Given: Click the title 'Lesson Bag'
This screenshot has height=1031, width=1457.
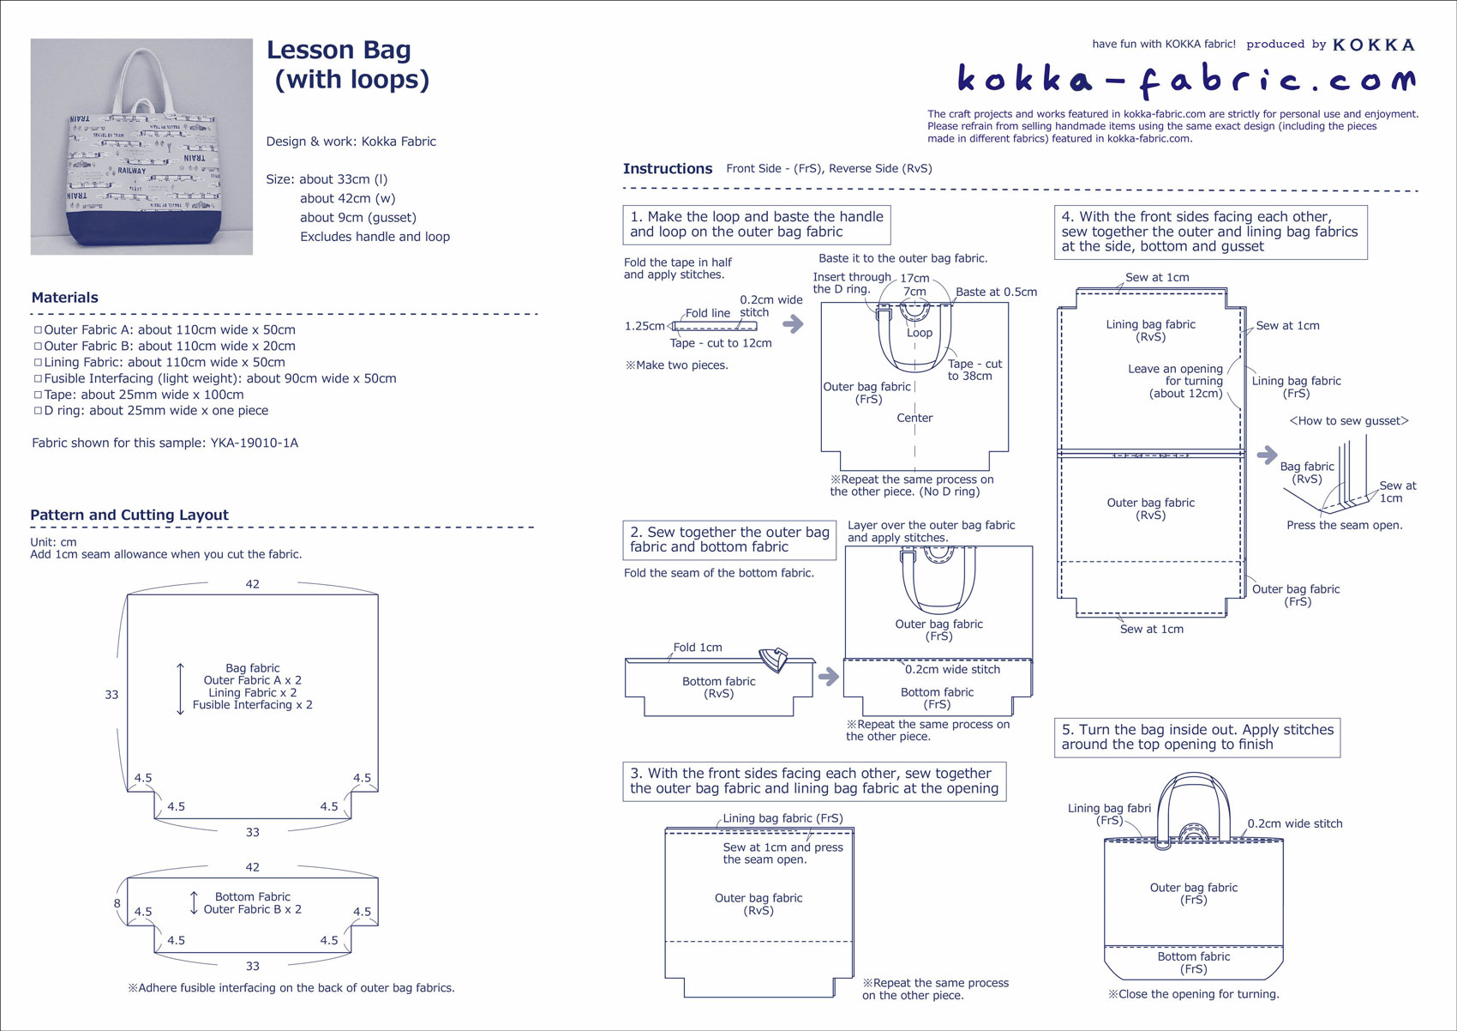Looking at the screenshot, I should [339, 51].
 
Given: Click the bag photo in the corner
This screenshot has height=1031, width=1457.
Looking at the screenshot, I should [141, 147].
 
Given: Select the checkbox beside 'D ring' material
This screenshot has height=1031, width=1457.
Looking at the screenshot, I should [38, 411].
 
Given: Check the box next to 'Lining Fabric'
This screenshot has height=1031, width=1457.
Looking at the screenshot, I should [38, 362].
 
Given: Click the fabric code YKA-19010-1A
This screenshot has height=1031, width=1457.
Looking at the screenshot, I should [255, 443].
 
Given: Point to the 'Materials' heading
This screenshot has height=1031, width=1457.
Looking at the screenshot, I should [65, 298].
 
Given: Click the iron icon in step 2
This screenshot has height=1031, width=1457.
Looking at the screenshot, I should [775, 660].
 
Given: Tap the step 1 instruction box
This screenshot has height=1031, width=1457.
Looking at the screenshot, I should [756, 225].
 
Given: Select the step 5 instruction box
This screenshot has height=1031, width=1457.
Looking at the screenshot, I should [1196, 738].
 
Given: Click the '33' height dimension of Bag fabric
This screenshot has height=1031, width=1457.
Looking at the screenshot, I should [111, 695].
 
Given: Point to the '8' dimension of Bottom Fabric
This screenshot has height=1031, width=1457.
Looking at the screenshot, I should [117, 903].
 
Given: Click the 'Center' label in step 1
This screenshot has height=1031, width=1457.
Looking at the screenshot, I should [914, 419].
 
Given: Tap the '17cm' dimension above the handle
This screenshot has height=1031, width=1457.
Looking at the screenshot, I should [914, 279].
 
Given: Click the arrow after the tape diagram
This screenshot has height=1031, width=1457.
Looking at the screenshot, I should [794, 324].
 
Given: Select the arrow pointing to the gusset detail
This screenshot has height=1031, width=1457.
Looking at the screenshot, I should [1267, 455].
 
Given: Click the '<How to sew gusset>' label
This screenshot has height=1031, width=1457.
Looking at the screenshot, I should [1349, 421].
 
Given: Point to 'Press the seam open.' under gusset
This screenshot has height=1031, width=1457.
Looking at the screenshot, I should [1344, 526].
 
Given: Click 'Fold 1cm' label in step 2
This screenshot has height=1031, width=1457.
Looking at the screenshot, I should [698, 648].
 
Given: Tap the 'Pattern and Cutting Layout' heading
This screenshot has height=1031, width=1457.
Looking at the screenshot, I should [129, 515].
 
